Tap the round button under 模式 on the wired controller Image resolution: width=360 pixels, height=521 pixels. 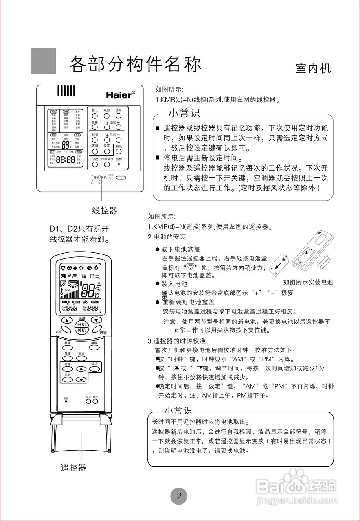pyautogui.click(x=94, y=116)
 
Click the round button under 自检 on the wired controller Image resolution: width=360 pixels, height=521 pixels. pyautogui.click(x=94, y=165)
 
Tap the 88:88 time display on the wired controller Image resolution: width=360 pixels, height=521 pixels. pyautogui.click(x=65, y=160)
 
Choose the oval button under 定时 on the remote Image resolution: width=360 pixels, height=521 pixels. pyautogui.click(x=68, y=379)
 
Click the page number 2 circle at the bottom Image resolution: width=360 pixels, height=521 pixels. pyautogui.click(x=179, y=496)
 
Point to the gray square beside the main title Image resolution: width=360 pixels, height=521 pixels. pyautogui.click(x=44, y=61)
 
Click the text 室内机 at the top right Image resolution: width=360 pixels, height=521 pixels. pyautogui.click(x=313, y=68)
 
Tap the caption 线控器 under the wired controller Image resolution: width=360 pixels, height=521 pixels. pyautogui.click(x=105, y=210)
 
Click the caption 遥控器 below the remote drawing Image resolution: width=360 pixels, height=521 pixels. pyautogui.click(x=74, y=468)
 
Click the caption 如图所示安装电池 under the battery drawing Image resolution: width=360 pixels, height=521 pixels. pyautogui.click(x=308, y=282)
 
